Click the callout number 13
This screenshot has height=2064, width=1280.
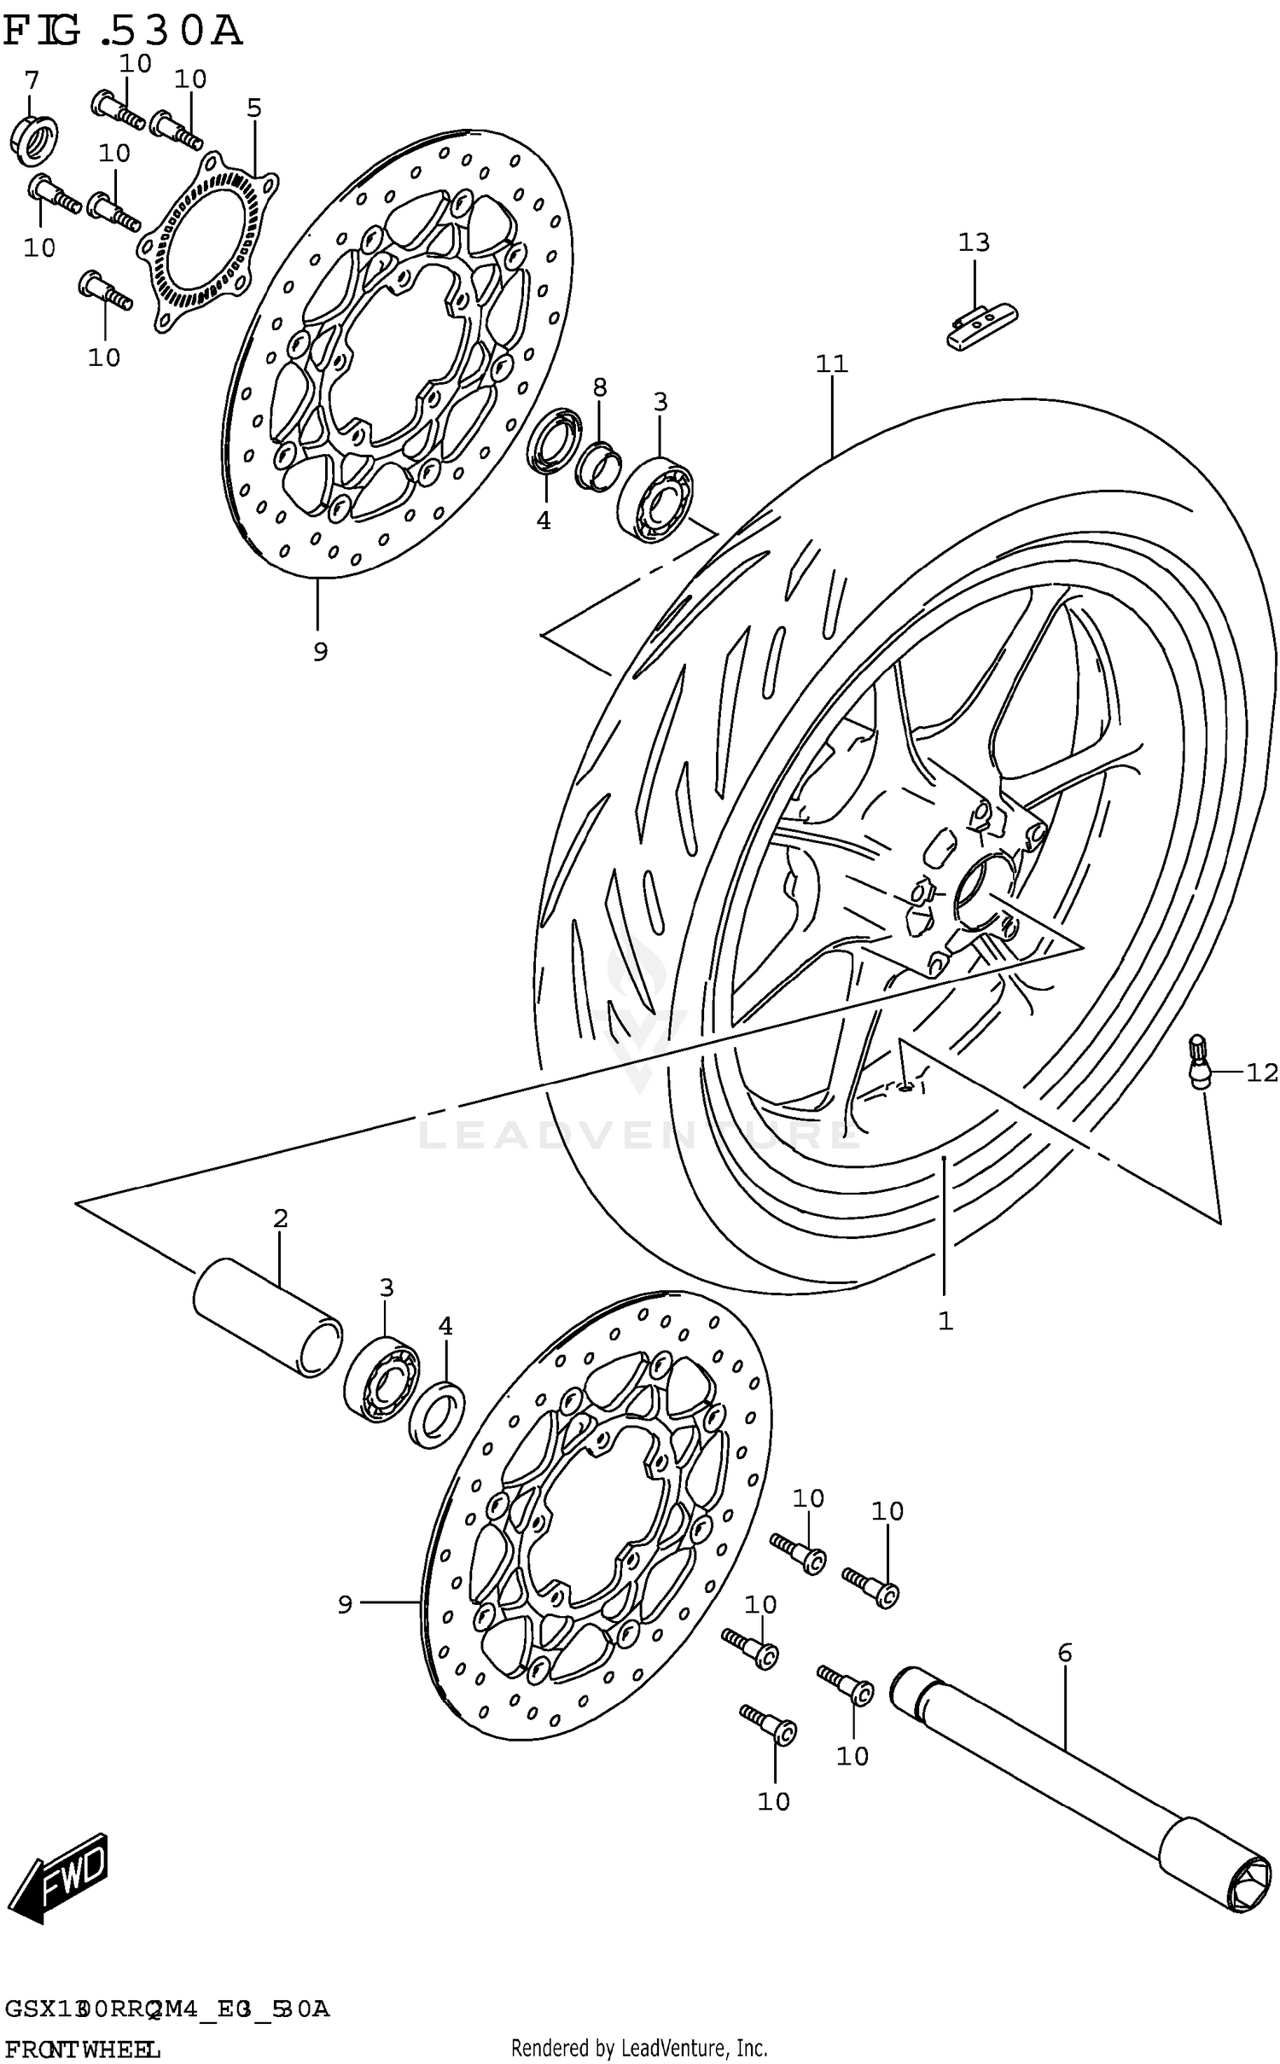tap(973, 242)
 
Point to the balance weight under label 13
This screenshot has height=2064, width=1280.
tap(980, 323)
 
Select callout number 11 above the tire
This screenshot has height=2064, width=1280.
tap(831, 364)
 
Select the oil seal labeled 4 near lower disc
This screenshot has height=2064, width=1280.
tap(437, 1416)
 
